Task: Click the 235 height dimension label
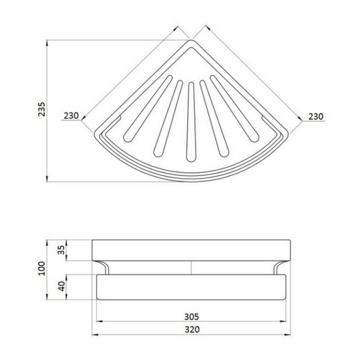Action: [x=42, y=109]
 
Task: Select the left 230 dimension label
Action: [x=71, y=116]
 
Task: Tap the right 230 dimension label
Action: [x=316, y=117]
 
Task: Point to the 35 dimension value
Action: [x=61, y=250]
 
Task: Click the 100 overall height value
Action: [x=42, y=268]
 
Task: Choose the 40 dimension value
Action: [x=62, y=286]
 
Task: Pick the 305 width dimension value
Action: [x=192, y=317]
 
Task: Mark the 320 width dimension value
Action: [x=192, y=329]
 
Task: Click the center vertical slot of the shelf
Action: [x=191, y=122]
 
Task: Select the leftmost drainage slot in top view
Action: [x=148, y=108]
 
